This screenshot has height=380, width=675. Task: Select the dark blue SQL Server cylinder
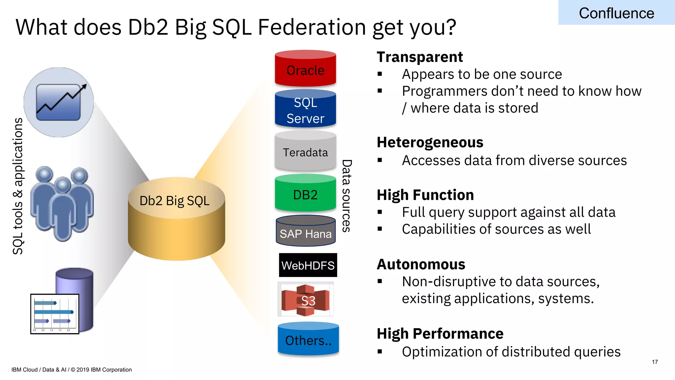[305, 109]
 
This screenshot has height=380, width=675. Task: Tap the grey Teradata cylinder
[305, 152]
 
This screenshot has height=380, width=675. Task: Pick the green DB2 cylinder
[305, 194]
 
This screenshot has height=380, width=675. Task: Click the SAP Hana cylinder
[306, 232]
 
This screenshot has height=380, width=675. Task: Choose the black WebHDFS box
[308, 265]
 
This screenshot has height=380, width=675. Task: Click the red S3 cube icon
[306, 300]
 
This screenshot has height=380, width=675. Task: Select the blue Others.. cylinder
[308, 340]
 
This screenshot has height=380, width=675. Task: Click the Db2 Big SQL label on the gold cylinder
[174, 201]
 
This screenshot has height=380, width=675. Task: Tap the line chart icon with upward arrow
[59, 102]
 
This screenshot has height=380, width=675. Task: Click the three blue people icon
[62, 203]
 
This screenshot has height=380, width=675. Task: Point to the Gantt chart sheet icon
[55, 314]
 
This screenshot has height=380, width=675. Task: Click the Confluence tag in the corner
[616, 13]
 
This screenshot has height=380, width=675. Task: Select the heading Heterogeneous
[430, 142]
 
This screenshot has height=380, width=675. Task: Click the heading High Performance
[440, 334]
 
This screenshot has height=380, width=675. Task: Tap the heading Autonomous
[421, 265]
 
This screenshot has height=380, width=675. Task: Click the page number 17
[655, 362]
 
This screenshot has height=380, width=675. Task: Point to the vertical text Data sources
[346, 196]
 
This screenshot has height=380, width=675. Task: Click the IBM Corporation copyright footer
[72, 370]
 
